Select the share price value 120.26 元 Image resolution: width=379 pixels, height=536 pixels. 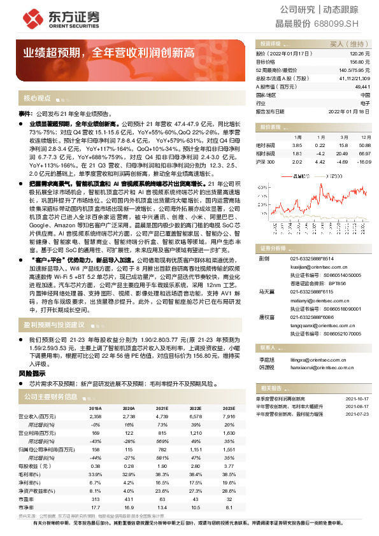pos(359,55)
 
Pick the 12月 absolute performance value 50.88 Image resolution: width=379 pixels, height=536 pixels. pos(364,145)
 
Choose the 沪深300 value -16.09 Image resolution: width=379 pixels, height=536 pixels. pos(364,162)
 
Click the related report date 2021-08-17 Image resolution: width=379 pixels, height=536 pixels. pos(358,406)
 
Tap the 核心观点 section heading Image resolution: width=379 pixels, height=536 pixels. pos(37,99)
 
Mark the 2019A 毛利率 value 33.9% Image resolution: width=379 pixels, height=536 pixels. pos(96,474)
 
